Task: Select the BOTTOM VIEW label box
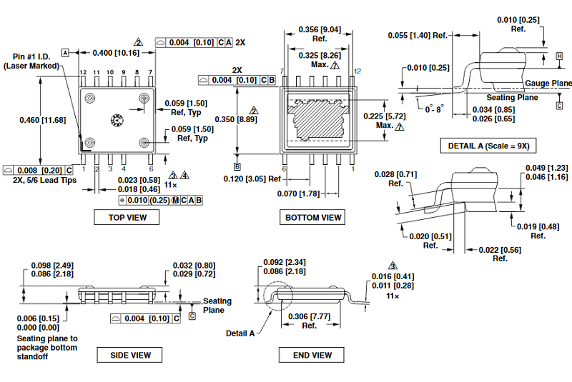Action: pos(313,217)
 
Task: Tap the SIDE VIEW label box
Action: pos(131,355)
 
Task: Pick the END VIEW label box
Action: pos(312,355)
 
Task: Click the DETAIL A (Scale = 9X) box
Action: pos(489,146)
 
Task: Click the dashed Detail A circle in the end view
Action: pos(276,294)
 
